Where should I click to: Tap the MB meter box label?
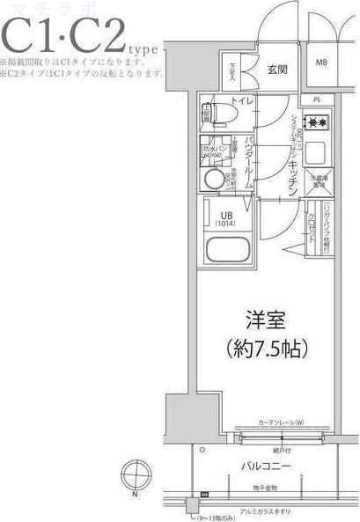321,62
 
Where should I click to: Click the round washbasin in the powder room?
213,179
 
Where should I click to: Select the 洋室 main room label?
263,320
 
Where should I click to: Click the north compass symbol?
135,482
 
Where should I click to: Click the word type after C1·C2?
145,51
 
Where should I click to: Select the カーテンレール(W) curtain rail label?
282,423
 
